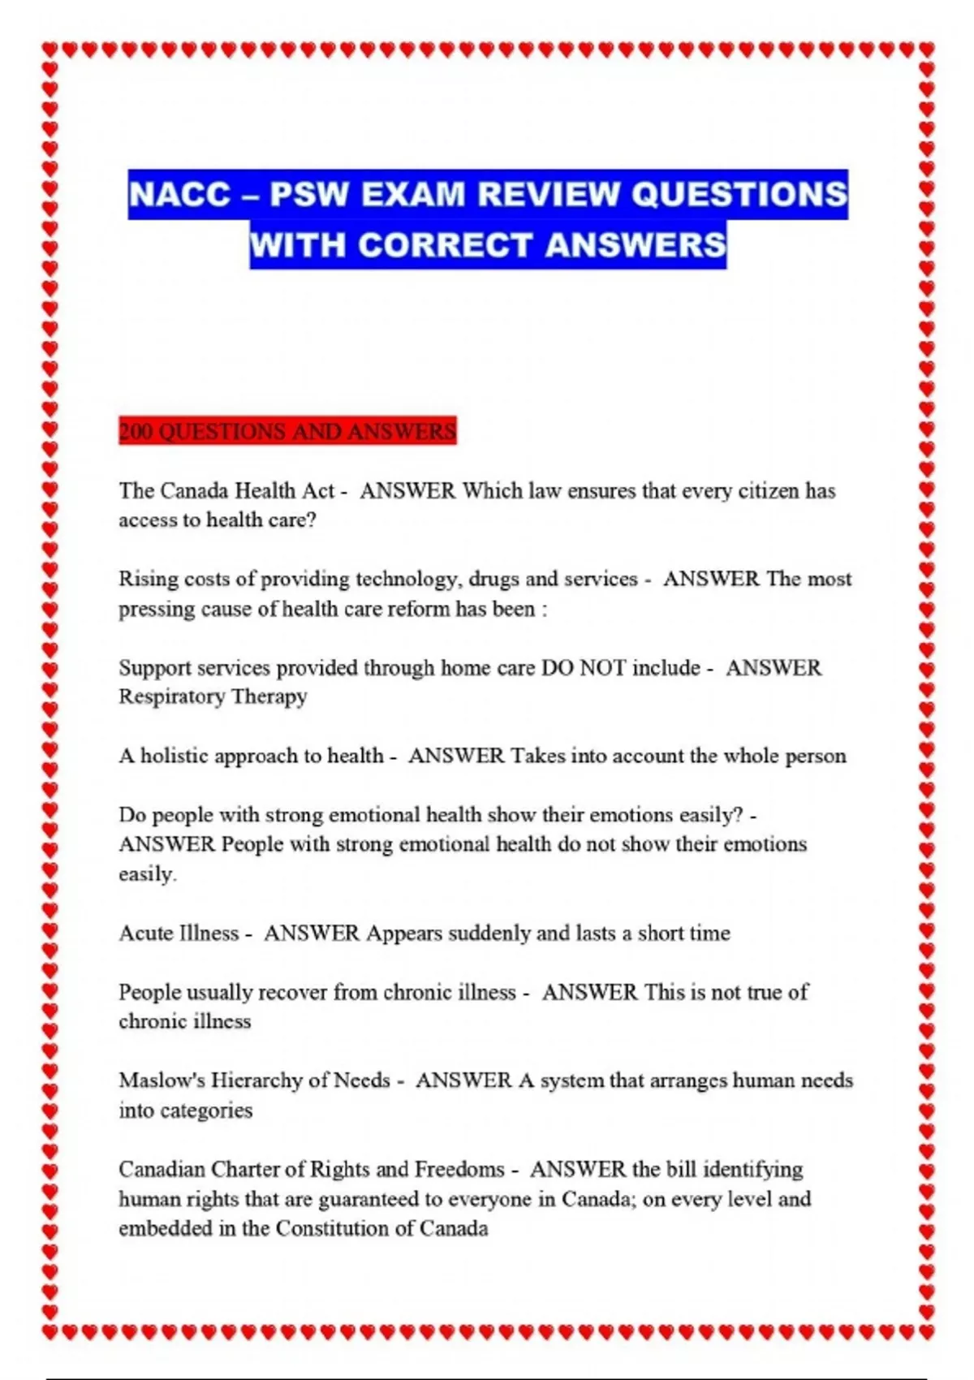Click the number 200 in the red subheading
point(136,431)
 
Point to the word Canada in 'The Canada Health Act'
point(195,491)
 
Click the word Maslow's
point(161,1081)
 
